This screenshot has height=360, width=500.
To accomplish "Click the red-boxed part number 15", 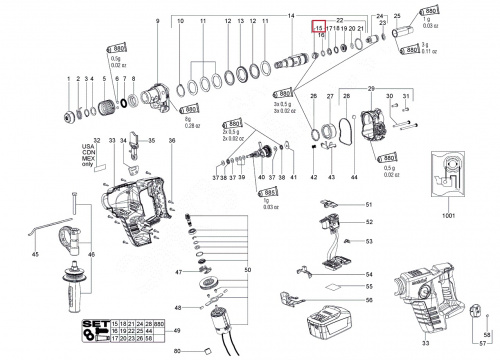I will (x=319, y=29).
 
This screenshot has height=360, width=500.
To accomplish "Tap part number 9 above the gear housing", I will (x=157, y=19).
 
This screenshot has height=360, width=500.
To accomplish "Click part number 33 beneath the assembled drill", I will (x=433, y=343).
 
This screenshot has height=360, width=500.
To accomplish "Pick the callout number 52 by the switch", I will (x=368, y=222).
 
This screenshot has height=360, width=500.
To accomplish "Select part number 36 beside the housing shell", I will (x=171, y=141).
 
